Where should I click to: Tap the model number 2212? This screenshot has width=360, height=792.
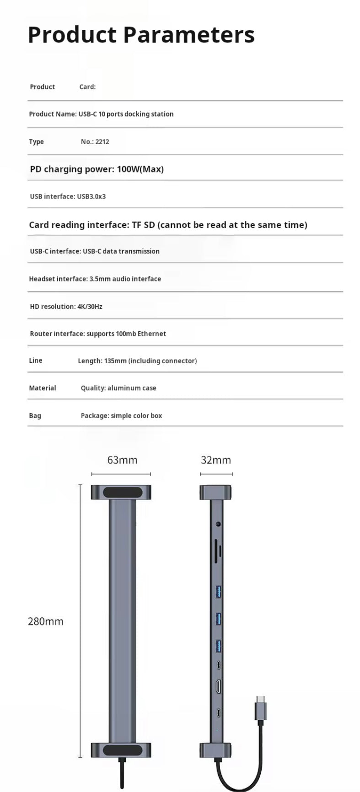102,142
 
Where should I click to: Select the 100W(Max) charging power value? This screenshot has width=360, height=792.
140,169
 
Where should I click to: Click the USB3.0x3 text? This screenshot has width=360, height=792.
91,197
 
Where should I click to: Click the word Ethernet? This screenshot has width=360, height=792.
151,334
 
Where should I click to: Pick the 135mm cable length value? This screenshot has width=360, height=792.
115,361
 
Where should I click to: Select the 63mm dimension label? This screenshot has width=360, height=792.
122,460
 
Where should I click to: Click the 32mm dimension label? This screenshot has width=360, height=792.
216,460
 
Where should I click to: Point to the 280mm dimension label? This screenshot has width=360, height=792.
46,621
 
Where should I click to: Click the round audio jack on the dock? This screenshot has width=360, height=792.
218,524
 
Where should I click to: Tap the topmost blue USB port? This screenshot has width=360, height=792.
219,592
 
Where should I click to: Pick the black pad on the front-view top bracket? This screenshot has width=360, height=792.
121,493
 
